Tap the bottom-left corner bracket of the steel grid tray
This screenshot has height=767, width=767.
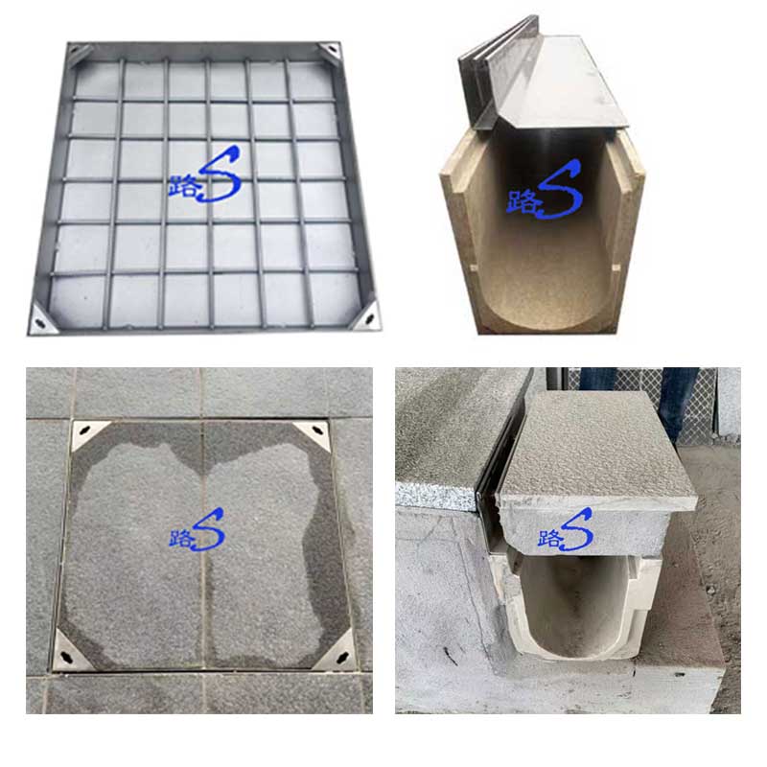(x=41, y=319)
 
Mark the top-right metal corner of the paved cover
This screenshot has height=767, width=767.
(x=314, y=433)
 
